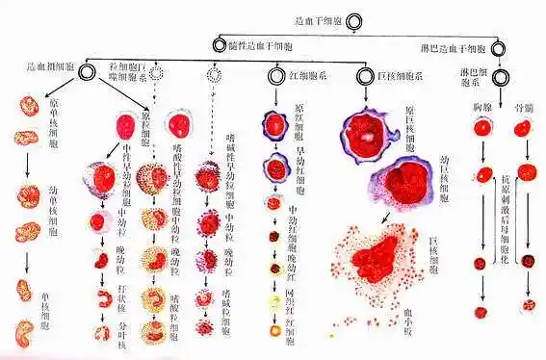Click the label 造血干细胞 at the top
pos(318,19)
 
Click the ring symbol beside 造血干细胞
pos(355,19)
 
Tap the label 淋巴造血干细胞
pos(455,46)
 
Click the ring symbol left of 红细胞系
pos(275,73)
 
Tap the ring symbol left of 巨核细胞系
pos(364,73)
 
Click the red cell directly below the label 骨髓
pos(523,131)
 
